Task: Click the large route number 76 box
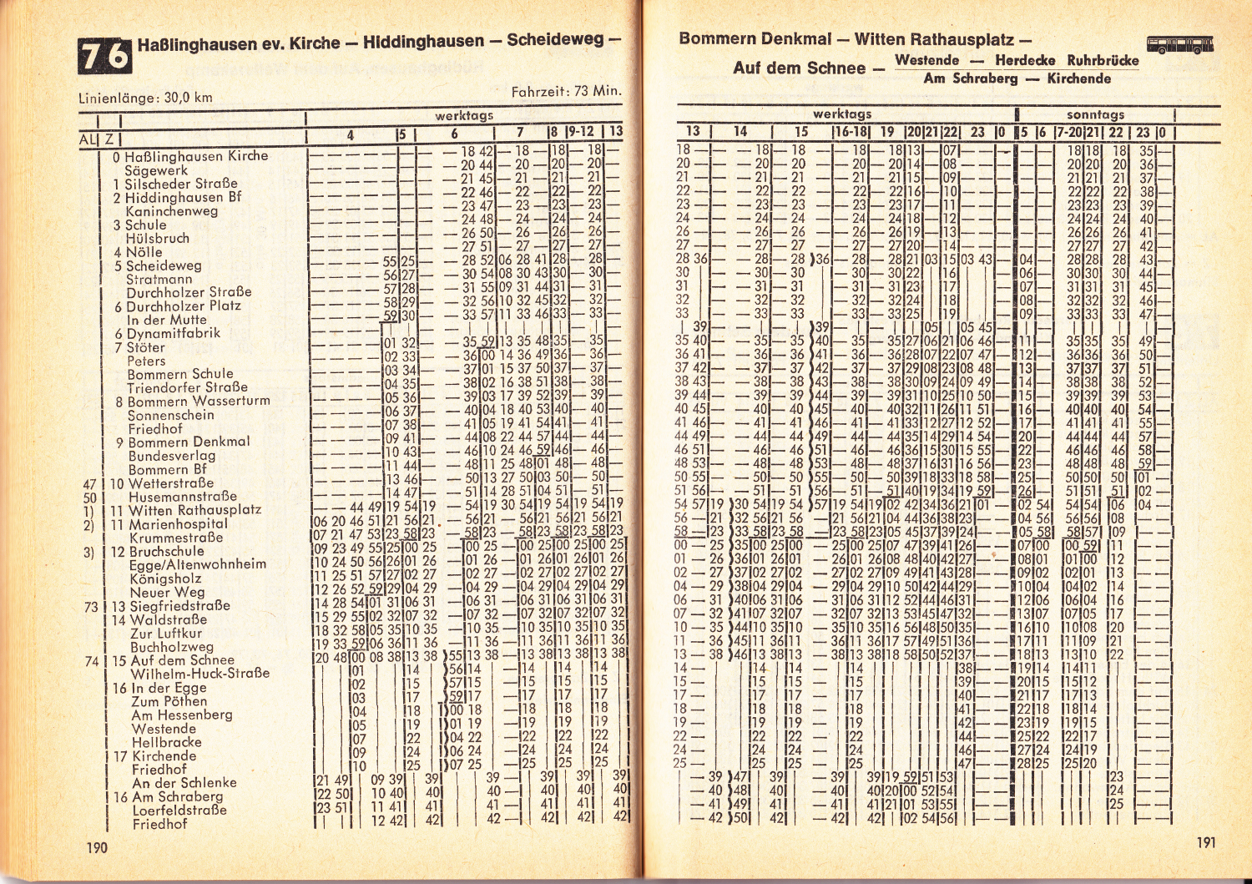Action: (x=105, y=55)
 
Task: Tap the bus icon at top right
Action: (x=1179, y=44)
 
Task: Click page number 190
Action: (x=97, y=847)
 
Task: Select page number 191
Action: (x=1205, y=841)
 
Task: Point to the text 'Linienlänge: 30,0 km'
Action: (x=145, y=98)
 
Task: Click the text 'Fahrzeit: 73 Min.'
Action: (x=566, y=91)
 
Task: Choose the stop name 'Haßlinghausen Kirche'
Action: (x=196, y=156)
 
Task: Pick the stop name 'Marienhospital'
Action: (x=178, y=524)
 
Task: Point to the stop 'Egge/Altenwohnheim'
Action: (x=198, y=565)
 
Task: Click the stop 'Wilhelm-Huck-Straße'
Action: (x=200, y=673)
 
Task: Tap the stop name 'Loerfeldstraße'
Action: (x=179, y=810)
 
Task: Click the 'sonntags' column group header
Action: (x=1095, y=114)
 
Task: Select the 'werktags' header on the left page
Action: (x=464, y=116)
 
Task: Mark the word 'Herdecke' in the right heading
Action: (x=1027, y=60)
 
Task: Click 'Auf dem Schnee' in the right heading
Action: (x=799, y=68)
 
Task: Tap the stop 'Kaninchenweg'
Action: (x=171, y=211)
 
